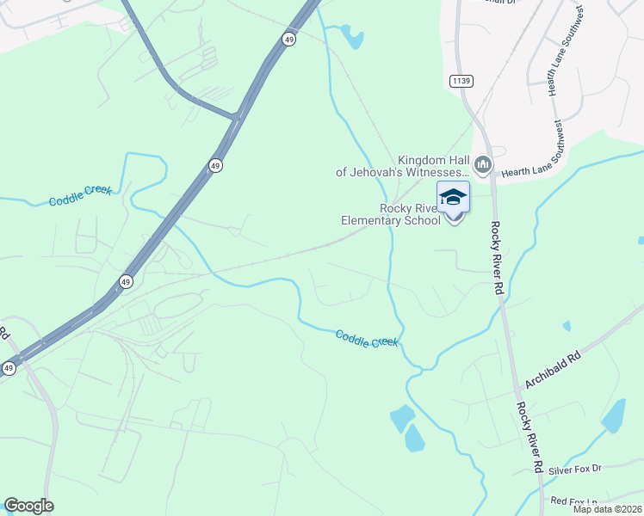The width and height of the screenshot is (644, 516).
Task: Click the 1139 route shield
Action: coord(460,81)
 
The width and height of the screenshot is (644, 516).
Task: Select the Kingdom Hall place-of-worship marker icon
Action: coord(482,163)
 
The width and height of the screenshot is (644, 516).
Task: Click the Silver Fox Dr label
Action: coord(574,470)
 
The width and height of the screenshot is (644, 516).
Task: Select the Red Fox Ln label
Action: coord(573,501)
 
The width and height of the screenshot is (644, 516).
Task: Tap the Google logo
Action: coord(29,506)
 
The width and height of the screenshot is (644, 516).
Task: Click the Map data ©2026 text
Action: coord(608,509)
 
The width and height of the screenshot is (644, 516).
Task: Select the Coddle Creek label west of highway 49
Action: coord(80,197)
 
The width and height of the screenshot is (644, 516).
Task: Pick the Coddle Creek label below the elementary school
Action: coord(367,339)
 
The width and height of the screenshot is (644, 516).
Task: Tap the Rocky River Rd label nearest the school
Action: coord(497,258)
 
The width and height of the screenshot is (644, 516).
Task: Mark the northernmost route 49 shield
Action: coord(287,38)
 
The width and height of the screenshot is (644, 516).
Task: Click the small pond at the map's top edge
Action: coord(351,36)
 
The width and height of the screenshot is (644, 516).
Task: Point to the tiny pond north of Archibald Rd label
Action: coord(566,327)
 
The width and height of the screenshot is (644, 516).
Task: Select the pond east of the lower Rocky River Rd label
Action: coord(614,416)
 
